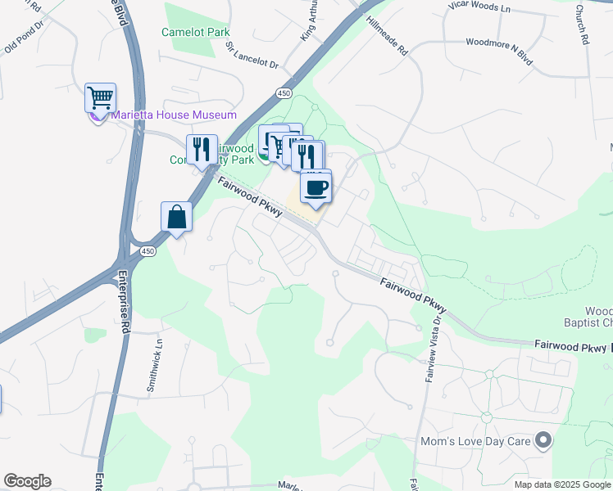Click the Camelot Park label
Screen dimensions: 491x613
point(196,32)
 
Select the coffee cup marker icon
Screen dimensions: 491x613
point(316,187)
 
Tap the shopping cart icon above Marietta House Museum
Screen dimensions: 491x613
point(100,98)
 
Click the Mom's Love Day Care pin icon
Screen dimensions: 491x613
point(543,442)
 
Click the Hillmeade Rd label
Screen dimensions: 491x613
point(387,35)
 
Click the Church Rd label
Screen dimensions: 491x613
point(581,25)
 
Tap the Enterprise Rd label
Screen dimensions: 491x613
point(125,291)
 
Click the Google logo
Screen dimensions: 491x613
point(27,481)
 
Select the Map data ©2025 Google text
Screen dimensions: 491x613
point(562,484)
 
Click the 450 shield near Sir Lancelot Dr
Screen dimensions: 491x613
point(284,94)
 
